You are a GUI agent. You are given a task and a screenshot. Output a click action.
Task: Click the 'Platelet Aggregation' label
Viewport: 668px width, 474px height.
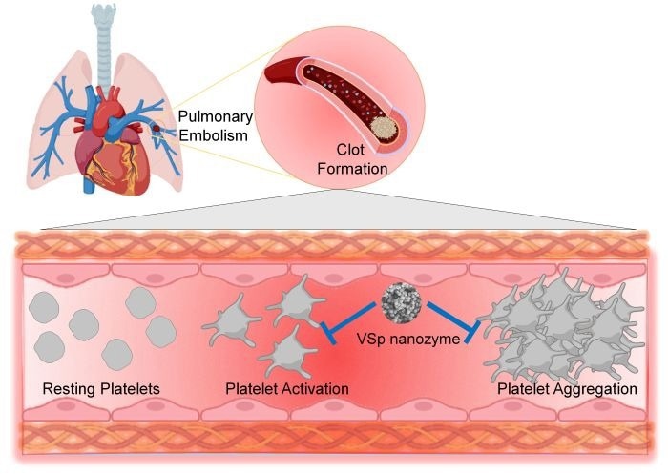pos(567,389)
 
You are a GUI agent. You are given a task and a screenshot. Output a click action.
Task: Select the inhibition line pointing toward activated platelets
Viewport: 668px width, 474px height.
pos(346,319)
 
